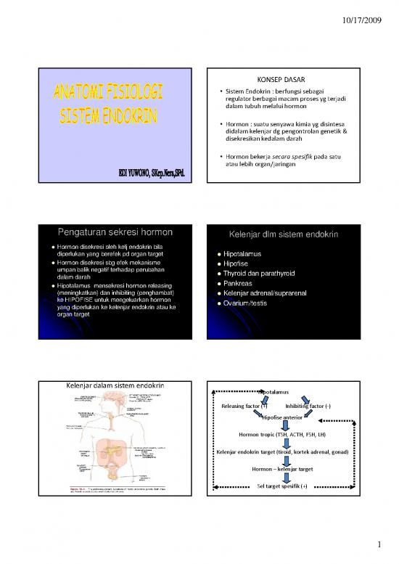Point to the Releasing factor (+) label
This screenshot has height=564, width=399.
[x=244, y=406]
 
